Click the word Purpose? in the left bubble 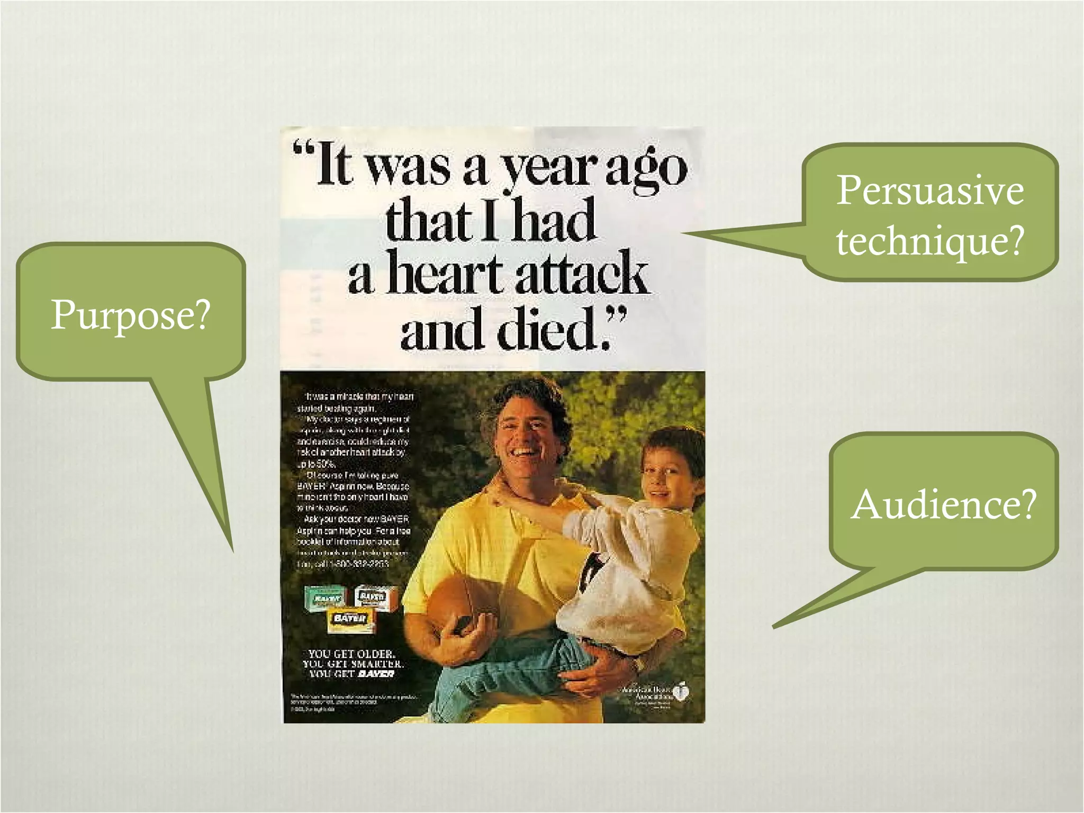[131, 315]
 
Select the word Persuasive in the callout [930, 190]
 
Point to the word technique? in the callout [930, 240]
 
